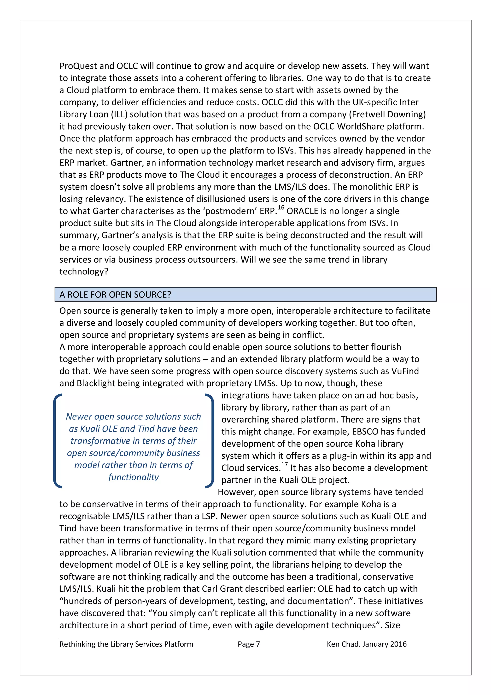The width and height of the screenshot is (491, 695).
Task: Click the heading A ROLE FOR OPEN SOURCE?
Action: point(115,295)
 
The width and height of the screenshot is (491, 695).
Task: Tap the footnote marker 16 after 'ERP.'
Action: point(281,208)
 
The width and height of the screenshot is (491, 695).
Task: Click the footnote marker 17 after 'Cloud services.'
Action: point(284,464)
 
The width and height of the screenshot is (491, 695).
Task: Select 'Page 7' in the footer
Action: point(249,644)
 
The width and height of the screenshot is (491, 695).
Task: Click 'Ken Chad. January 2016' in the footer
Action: point(366,644)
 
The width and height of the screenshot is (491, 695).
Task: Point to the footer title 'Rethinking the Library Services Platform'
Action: point(126,644)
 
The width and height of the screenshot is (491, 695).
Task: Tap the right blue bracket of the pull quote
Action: point(210,441)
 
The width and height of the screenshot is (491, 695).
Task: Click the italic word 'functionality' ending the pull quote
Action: point(133,477)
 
